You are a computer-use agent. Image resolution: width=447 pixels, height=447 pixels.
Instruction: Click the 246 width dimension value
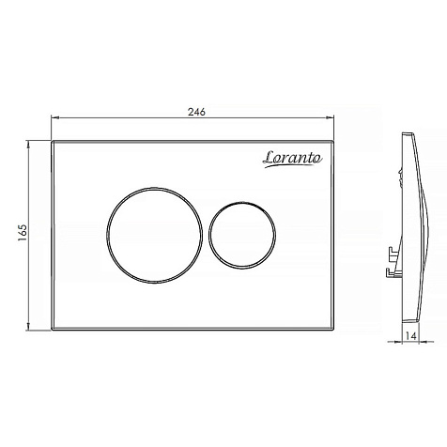[x=196, y=112]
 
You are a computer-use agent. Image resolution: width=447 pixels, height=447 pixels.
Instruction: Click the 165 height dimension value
[x=23, y=233]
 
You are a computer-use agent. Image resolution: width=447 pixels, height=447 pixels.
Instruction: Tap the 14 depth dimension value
[x=411, y=336]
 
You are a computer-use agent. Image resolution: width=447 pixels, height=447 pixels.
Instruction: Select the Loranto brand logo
[x=292, y=159]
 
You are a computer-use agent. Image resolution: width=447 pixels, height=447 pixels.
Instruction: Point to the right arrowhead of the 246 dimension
[x=331, y=117]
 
